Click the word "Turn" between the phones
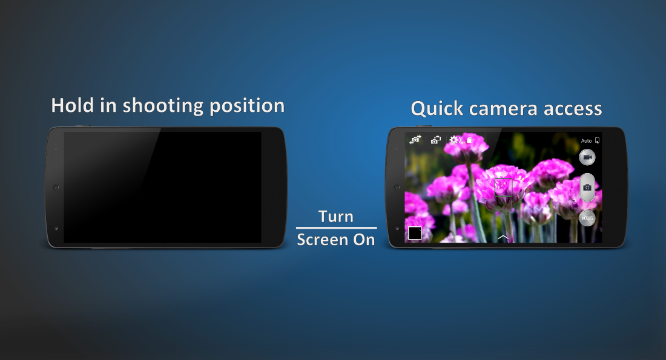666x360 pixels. tap(336, 217)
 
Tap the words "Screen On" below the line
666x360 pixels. tap(336, 240)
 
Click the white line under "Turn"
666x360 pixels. tap(336, 227)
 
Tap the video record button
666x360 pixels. tap(587, 157)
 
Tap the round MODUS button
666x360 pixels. tap(587, 218)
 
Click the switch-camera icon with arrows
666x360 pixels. tap(415, 140)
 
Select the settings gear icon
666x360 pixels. tap(453, 140)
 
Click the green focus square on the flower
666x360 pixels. tap(503, 187)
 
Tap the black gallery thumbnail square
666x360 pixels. tap(415, 233)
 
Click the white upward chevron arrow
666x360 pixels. tap(503, 237)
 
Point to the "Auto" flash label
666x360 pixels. tap(586, 141)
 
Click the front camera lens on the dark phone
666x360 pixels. tap(56, 228)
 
